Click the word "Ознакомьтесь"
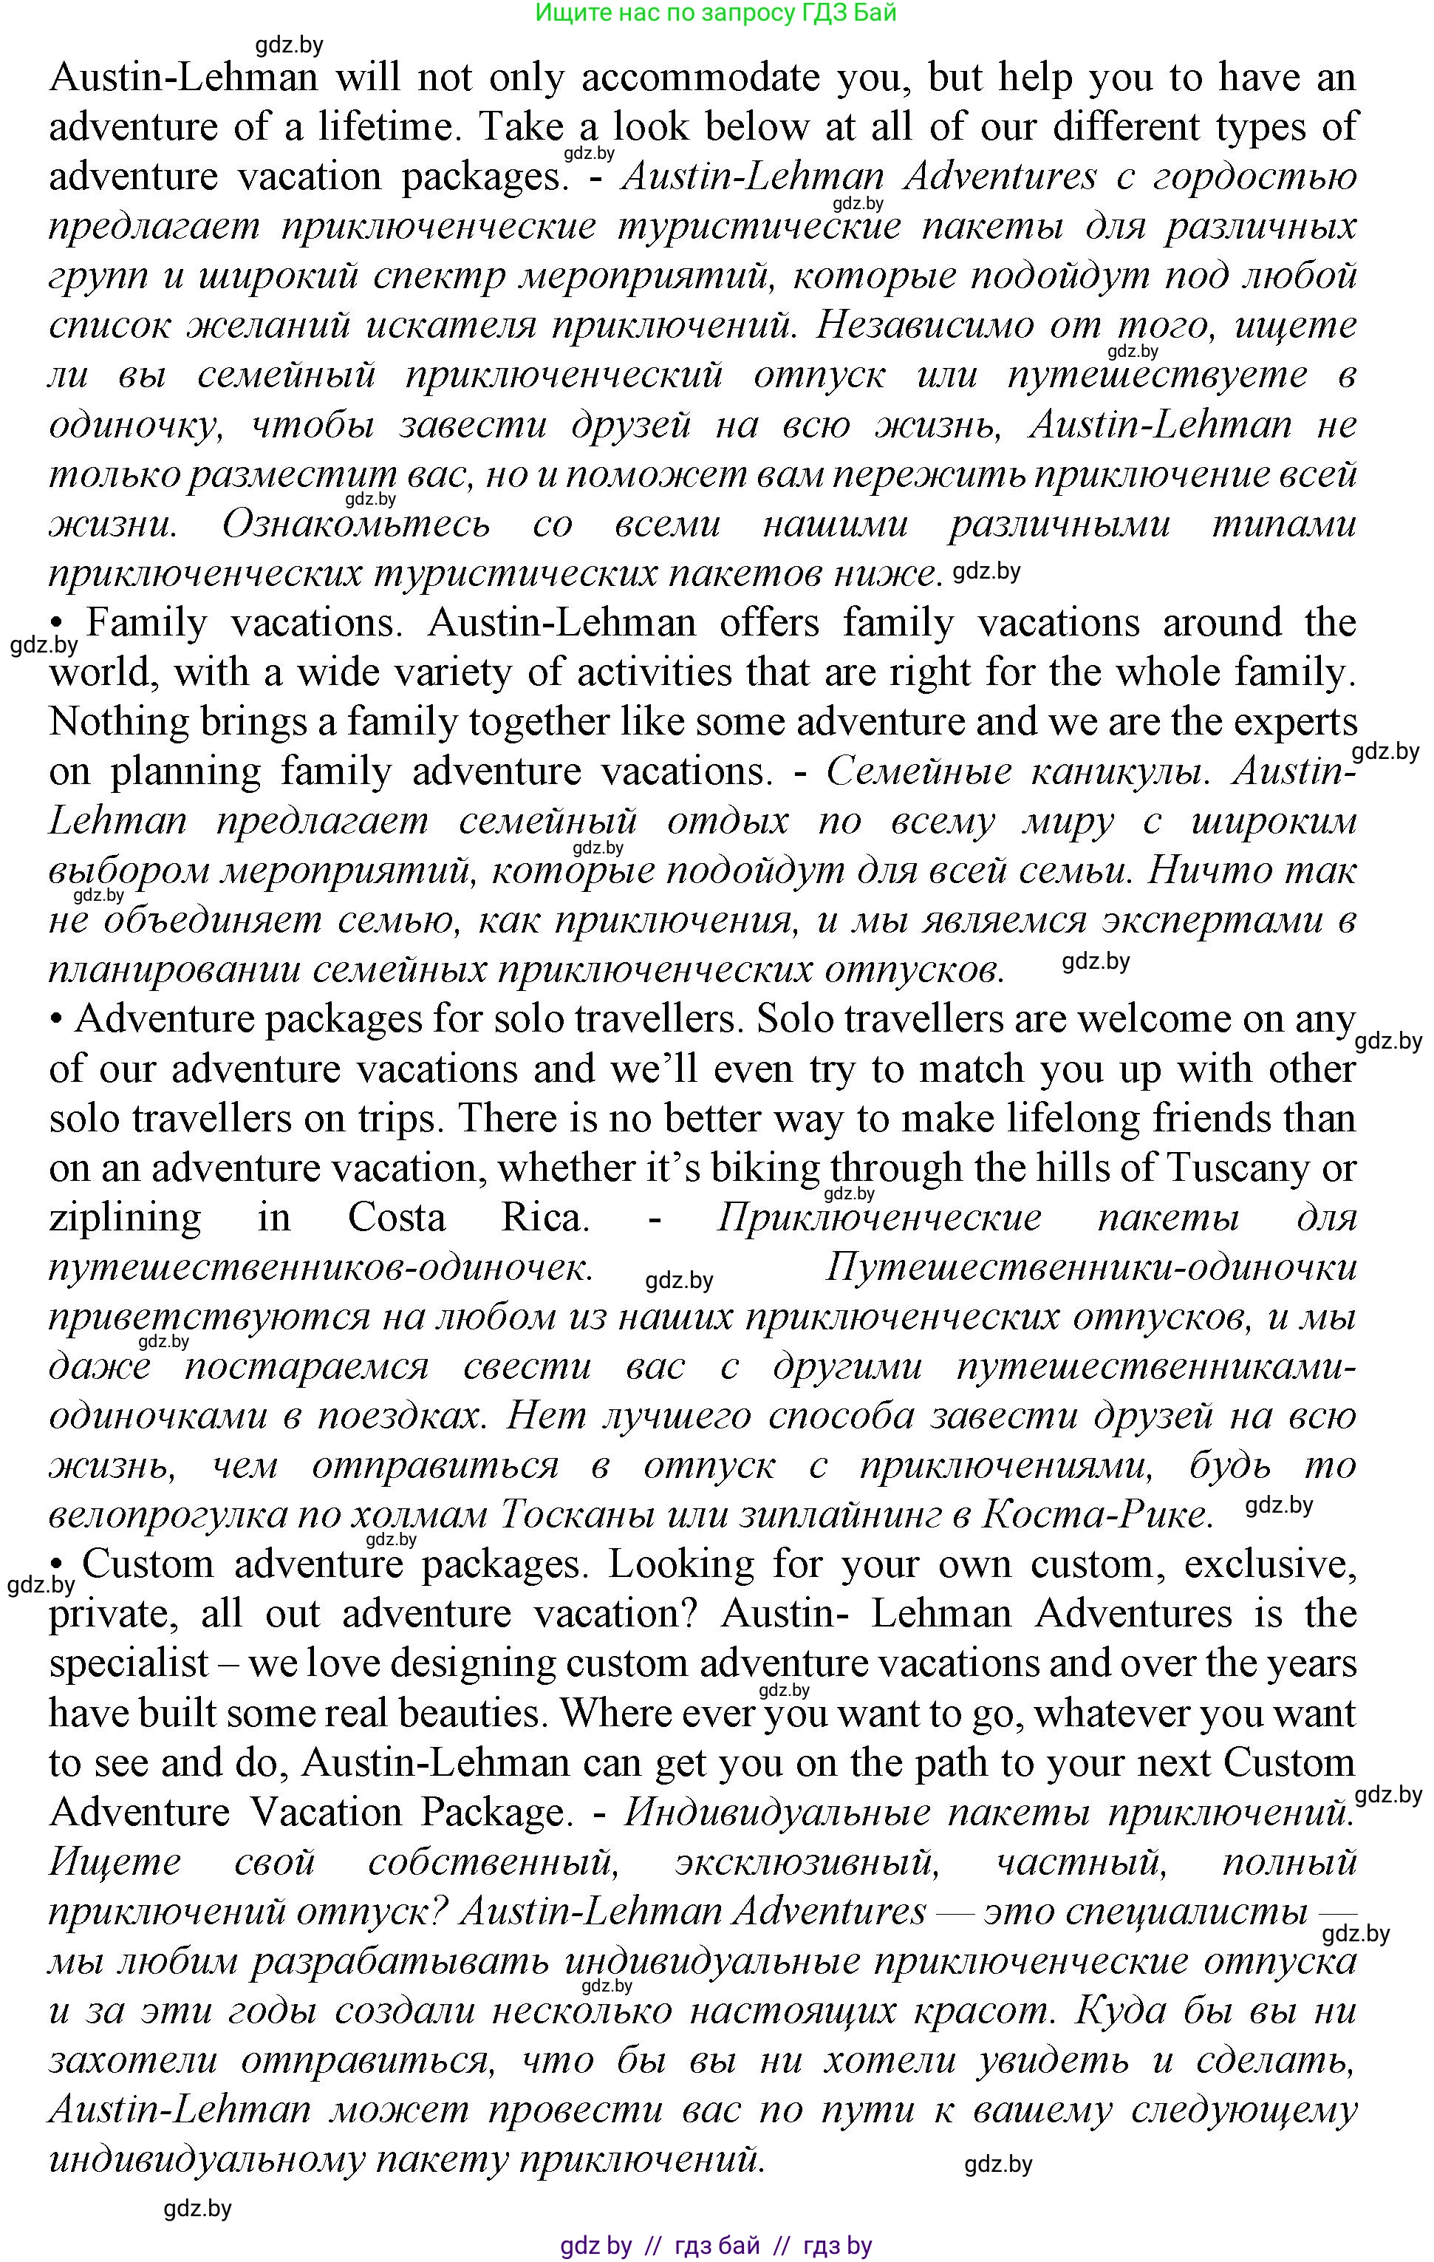pos(356,524)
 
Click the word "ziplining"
pos(125,1219)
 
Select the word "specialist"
pos(129,1663)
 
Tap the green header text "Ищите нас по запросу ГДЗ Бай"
pos(716,13)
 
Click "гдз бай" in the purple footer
pos(717,2246)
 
